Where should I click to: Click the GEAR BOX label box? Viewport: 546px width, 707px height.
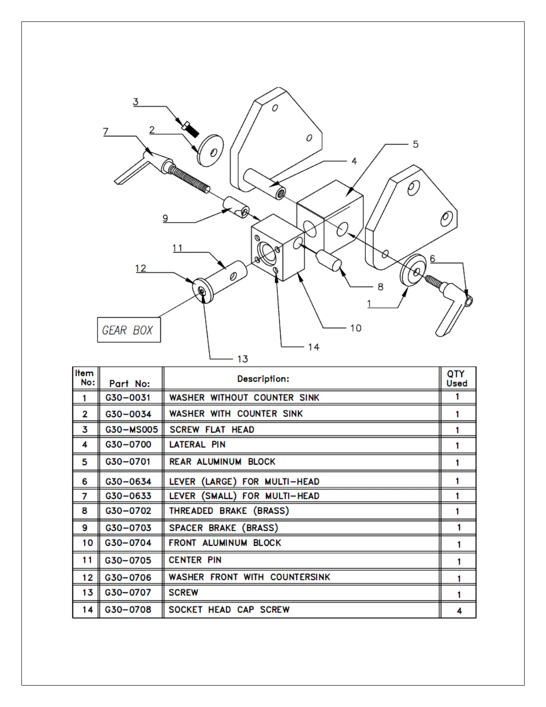pyautogui.click(x=128, y=330)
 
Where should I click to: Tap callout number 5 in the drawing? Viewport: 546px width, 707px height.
pyautogui.click(x=415, y=144)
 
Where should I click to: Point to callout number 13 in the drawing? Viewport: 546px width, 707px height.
pyautogui.click(x=242, y=359)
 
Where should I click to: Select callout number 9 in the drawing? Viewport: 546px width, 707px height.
pyautogui.click(x=165, y=218)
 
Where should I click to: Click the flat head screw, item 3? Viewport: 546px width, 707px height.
pyautogui.click(x=190, y=128)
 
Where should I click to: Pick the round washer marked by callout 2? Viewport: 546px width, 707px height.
pyautogui.click(x=210, y=150)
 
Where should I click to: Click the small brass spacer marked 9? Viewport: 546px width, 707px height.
pyautogui.click(x=236, y=207)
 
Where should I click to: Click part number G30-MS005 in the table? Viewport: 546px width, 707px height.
pyautogui.click(x=132, y=430)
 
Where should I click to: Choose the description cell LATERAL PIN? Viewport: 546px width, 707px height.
pyautogui.click(x=197, y=445)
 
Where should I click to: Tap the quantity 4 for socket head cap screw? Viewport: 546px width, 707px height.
pyautogui.click(x=459, y=611)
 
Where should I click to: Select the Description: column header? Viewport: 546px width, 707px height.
pyautogui.click(x=263, y=379)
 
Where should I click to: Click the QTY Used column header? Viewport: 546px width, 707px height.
pyautogui.click(x=457, y=378)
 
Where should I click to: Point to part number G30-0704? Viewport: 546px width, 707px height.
pyautogui.click(x=128, y=543)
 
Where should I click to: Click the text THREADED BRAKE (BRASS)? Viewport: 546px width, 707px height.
pyautogui.click(x=229, y=511)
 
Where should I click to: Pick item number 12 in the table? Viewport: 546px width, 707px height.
pyautogui.click(x=87, y=578)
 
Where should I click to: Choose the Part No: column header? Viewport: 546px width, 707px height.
pyautogui.click(x=129, y=383)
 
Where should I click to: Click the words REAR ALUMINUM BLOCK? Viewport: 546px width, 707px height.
pyautogui.click(x=222, y=462)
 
